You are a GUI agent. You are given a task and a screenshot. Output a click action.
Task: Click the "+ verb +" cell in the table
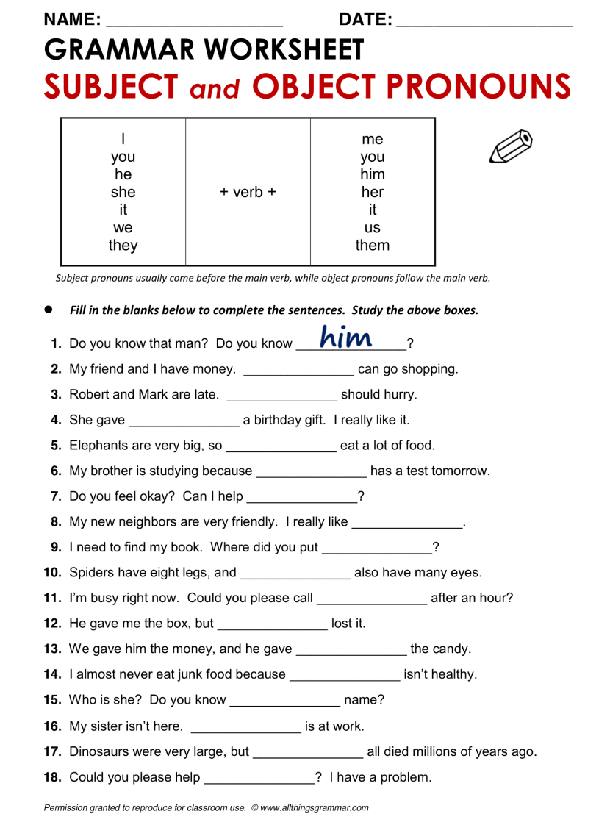248,192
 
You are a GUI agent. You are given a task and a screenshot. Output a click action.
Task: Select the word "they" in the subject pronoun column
123,246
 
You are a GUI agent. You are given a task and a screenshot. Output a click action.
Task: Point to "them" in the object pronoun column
372,246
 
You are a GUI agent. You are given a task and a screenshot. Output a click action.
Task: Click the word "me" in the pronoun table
373,139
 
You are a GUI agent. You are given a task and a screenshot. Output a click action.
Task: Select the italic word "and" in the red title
215,88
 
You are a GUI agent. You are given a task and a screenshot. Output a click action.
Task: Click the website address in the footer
315,807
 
